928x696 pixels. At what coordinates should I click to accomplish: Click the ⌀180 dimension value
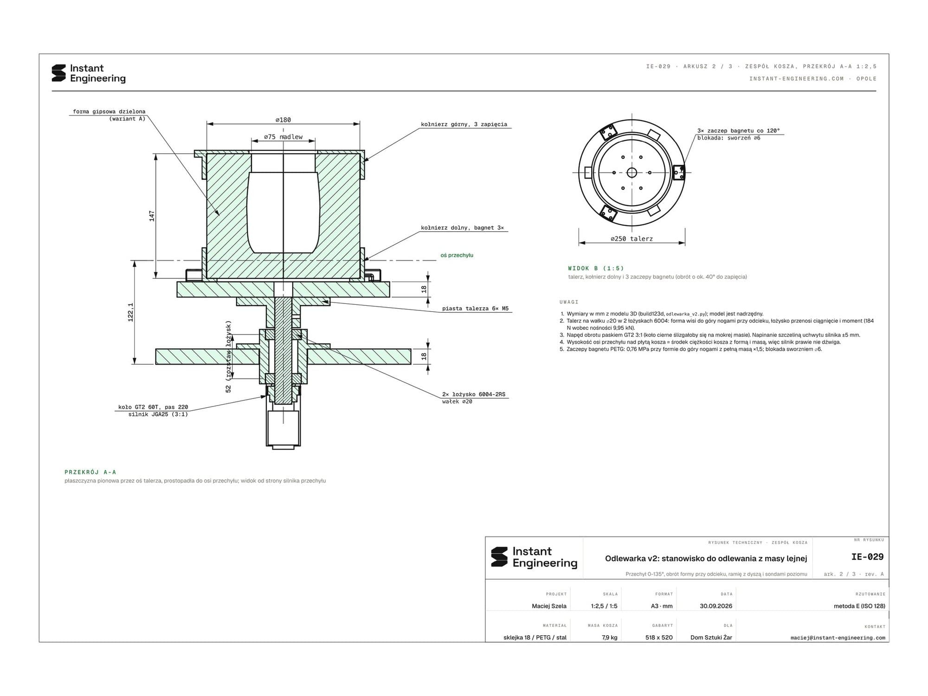click(x=283, y=120)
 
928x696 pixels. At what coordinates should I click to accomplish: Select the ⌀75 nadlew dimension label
click(x=283, y=137)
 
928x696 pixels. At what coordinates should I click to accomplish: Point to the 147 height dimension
click(x=152, y=216)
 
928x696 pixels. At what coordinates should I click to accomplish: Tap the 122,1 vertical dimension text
click(x=131, y=312)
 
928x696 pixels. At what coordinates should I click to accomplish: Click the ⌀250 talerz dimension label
click(x=632, y=238)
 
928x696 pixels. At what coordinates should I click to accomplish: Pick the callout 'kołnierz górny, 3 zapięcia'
click(x=464, y=124)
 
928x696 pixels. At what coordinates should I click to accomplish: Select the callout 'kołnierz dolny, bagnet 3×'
click(x=462, y=228)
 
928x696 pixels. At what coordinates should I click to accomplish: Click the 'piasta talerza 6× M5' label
click(x=475, y=309)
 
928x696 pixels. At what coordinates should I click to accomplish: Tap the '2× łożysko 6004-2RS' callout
click(x=474, y=394)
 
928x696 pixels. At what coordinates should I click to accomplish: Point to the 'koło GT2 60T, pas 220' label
click(x=153, y=407)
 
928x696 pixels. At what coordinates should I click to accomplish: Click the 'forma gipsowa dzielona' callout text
click(x=109, y=111)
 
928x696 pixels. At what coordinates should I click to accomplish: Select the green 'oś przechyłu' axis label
click(x=457, y=255)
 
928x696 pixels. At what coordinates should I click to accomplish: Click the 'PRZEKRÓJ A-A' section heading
click(x=90, y=472)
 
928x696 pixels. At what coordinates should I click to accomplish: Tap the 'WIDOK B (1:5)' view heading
click(x=596, y=268)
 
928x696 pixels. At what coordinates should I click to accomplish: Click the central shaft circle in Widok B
click(x=632, y=173)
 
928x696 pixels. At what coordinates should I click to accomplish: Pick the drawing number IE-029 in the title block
click(x=867, y=557)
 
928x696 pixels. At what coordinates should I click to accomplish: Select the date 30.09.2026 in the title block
click(x=716, y=606)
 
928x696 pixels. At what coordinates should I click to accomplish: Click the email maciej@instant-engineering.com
click(x=838, y=638)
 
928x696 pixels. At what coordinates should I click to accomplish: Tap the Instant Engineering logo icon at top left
click(x=59, y=73)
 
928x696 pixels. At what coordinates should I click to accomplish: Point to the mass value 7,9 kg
click(x=610, y=638)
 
